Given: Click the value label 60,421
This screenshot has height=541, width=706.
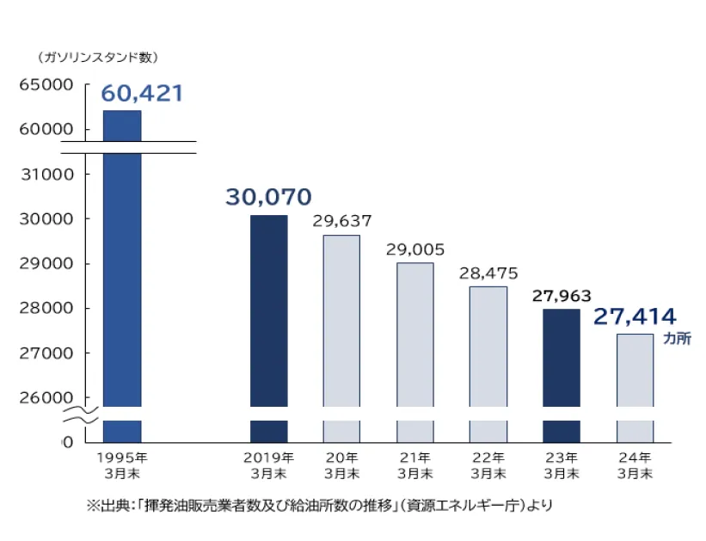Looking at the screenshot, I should (143, 93).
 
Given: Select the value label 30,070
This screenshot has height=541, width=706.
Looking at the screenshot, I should (268, 197).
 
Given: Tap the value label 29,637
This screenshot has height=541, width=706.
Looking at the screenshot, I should (342, 220).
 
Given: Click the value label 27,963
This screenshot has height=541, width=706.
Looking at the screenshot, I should (562, 296).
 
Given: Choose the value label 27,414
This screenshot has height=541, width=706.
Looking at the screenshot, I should (635, 317).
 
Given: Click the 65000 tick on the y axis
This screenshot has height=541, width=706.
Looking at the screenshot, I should (46, 85).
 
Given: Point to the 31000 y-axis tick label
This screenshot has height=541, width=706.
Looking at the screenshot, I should (46, 174).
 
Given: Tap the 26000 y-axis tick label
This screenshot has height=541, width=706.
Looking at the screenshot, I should (46, 397).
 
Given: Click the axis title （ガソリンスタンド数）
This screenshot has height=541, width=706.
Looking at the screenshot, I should (98, 58).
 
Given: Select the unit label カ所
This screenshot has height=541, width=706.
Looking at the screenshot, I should (677, 339).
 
